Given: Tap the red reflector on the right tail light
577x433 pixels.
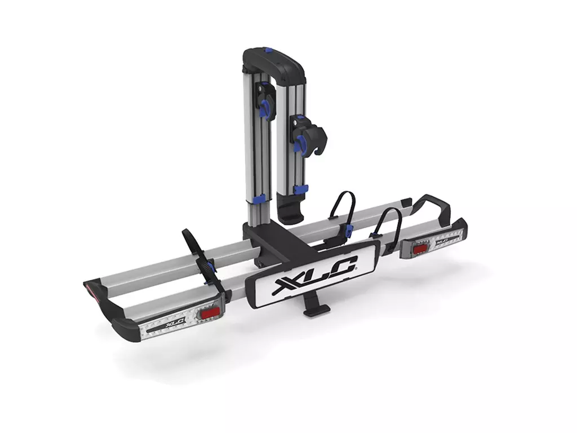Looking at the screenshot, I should point(420,249).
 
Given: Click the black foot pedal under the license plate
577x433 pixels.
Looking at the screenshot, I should point(314,309).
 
